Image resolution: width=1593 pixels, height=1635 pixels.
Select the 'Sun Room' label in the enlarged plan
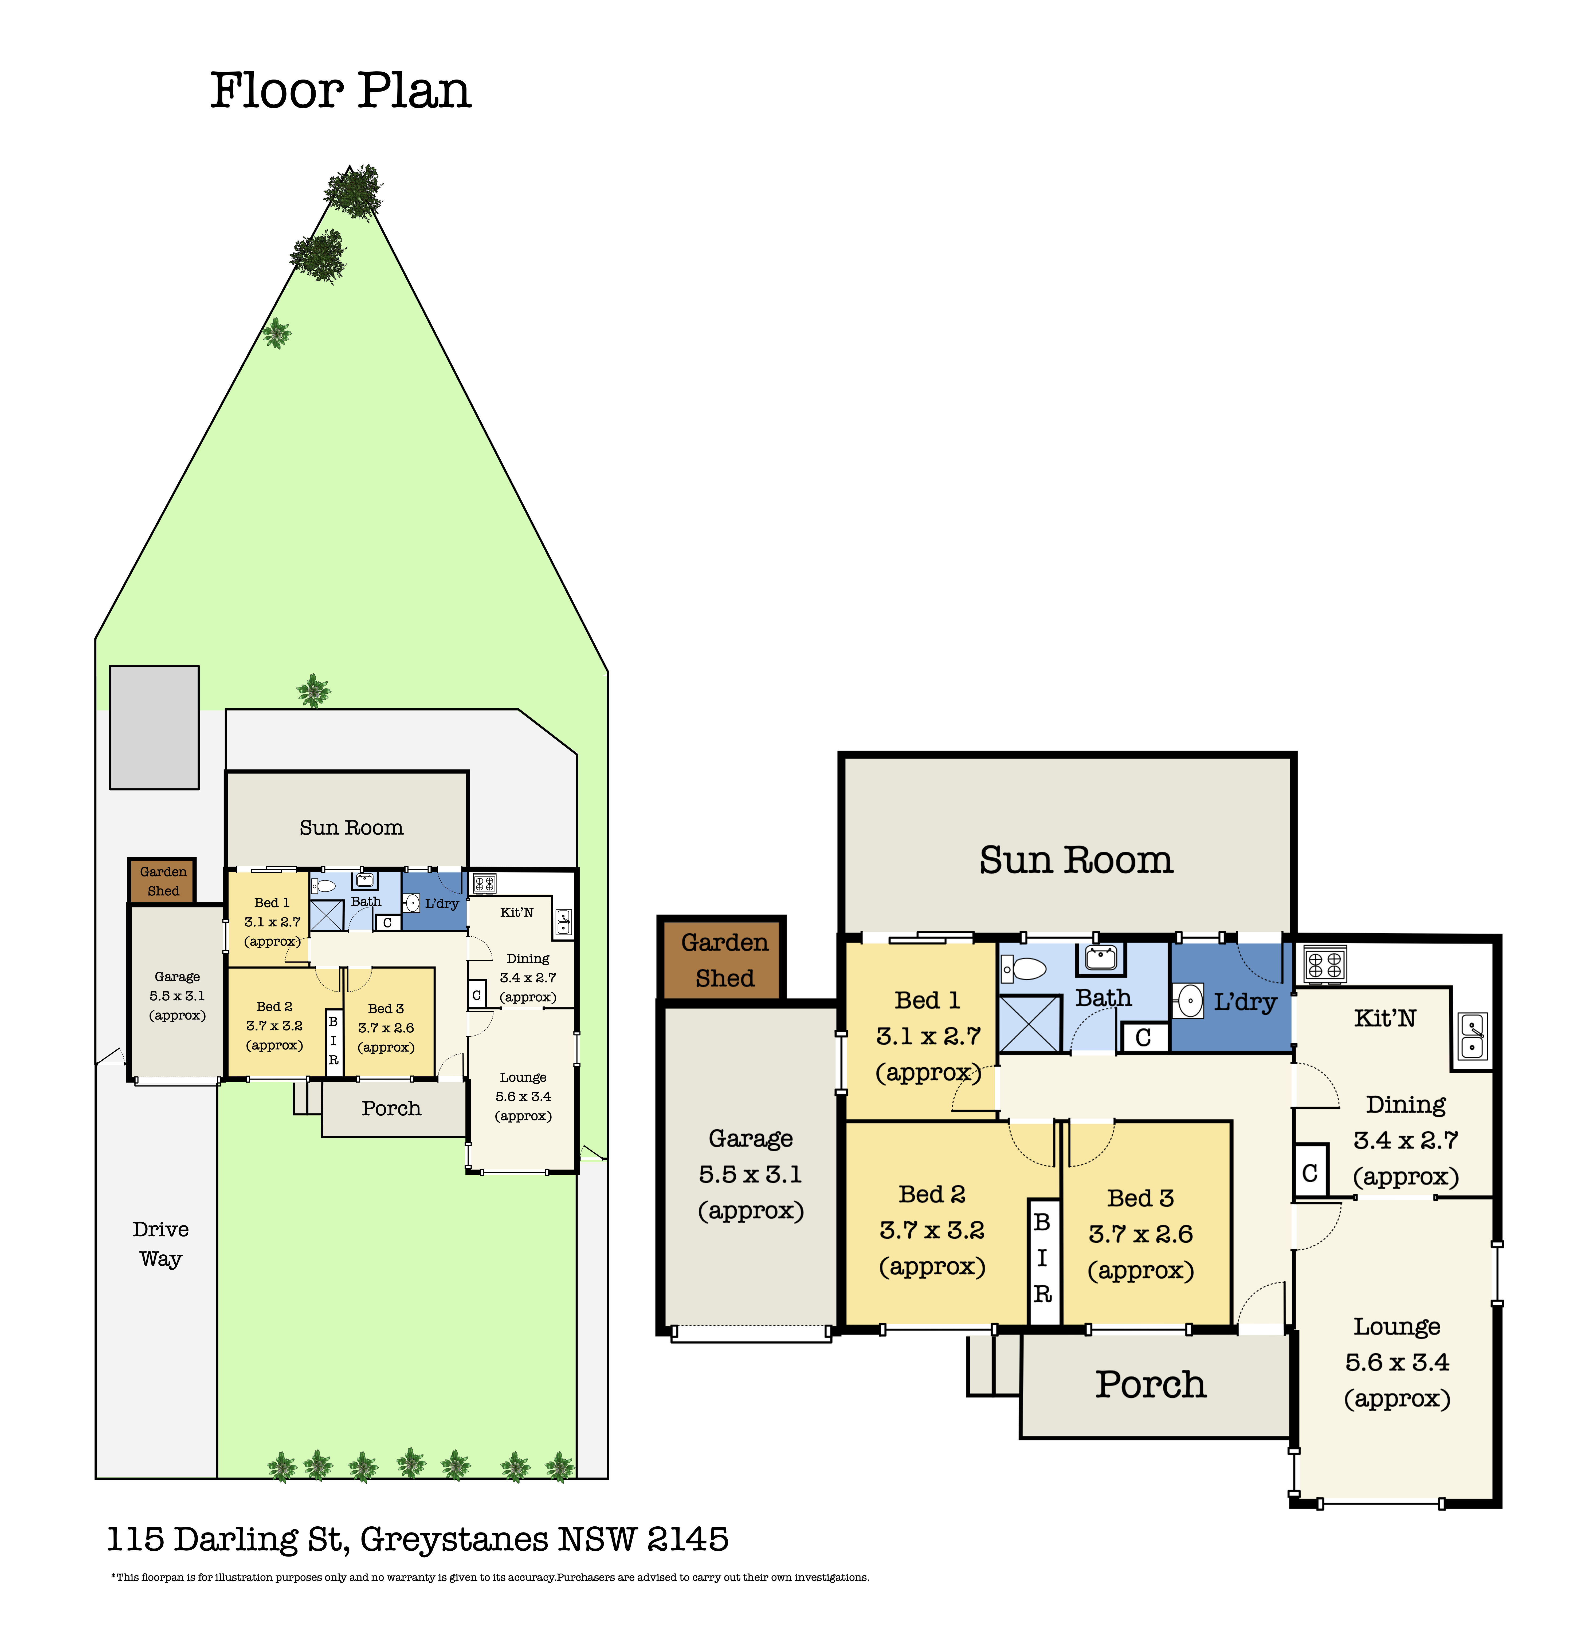(1076, 860)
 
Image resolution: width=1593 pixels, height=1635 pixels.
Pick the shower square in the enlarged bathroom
(1030, 1024)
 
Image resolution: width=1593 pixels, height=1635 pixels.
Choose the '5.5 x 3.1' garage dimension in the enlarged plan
(751, 1174)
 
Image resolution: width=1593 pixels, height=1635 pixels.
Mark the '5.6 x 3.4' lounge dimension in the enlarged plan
(1397, 1362)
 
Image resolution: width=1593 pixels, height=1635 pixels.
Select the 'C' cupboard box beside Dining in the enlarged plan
(1310, 1172)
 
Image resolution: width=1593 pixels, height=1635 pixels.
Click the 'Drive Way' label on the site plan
(161, 1244)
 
